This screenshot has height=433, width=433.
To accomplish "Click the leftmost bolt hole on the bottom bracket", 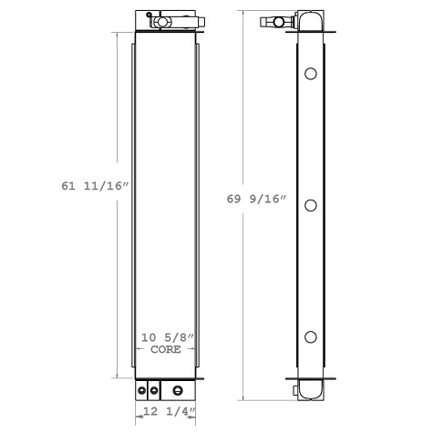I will pos(142,391).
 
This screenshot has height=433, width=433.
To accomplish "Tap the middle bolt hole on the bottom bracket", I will pos(153,391).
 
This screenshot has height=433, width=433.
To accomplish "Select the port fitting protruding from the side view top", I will pos(274,20).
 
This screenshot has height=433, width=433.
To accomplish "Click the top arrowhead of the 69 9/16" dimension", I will pos(242,14).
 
